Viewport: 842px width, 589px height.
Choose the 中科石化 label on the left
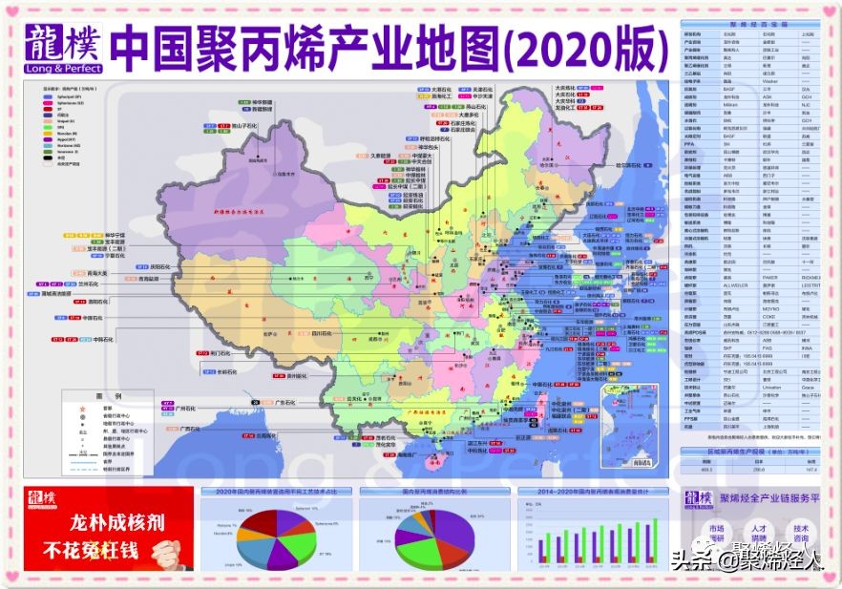[x=105, y=339]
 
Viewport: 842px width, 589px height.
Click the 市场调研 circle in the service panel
[x=717, y=534]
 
